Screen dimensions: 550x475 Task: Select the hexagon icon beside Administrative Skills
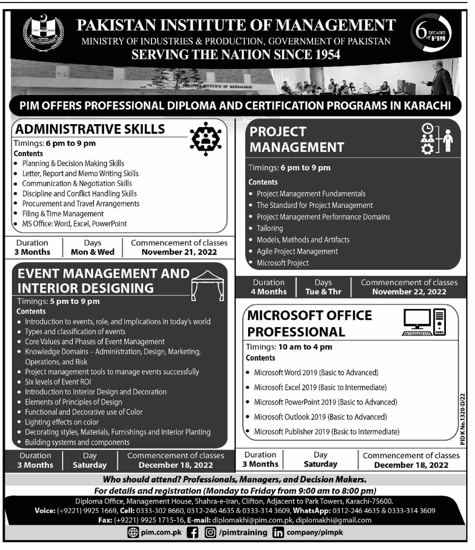(x=206, y=139)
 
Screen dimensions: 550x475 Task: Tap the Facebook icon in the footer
(x=192, y=532)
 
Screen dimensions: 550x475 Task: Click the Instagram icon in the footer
(x=210, y=532)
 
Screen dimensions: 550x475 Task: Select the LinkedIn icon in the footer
(x=278, y=533)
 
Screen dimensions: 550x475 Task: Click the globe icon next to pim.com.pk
(x=133, y=532)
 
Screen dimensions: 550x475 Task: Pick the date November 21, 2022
(x=179, y=252)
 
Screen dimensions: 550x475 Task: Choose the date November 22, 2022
(x=409, y=292)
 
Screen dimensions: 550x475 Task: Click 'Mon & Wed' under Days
(x=92, y=252)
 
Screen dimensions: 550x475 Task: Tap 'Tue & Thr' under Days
(x=323, y=292)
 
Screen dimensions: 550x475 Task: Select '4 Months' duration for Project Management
(x=269, y=292)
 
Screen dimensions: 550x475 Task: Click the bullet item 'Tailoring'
(x=270, y=228)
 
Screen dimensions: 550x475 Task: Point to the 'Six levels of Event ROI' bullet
(x=58, y=382)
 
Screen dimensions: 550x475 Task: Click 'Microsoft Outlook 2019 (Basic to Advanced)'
(x=320, y=417)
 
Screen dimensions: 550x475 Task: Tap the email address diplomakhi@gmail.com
(x=333, y=520)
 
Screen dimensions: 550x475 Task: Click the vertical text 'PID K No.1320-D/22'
(x=462, y=419)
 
